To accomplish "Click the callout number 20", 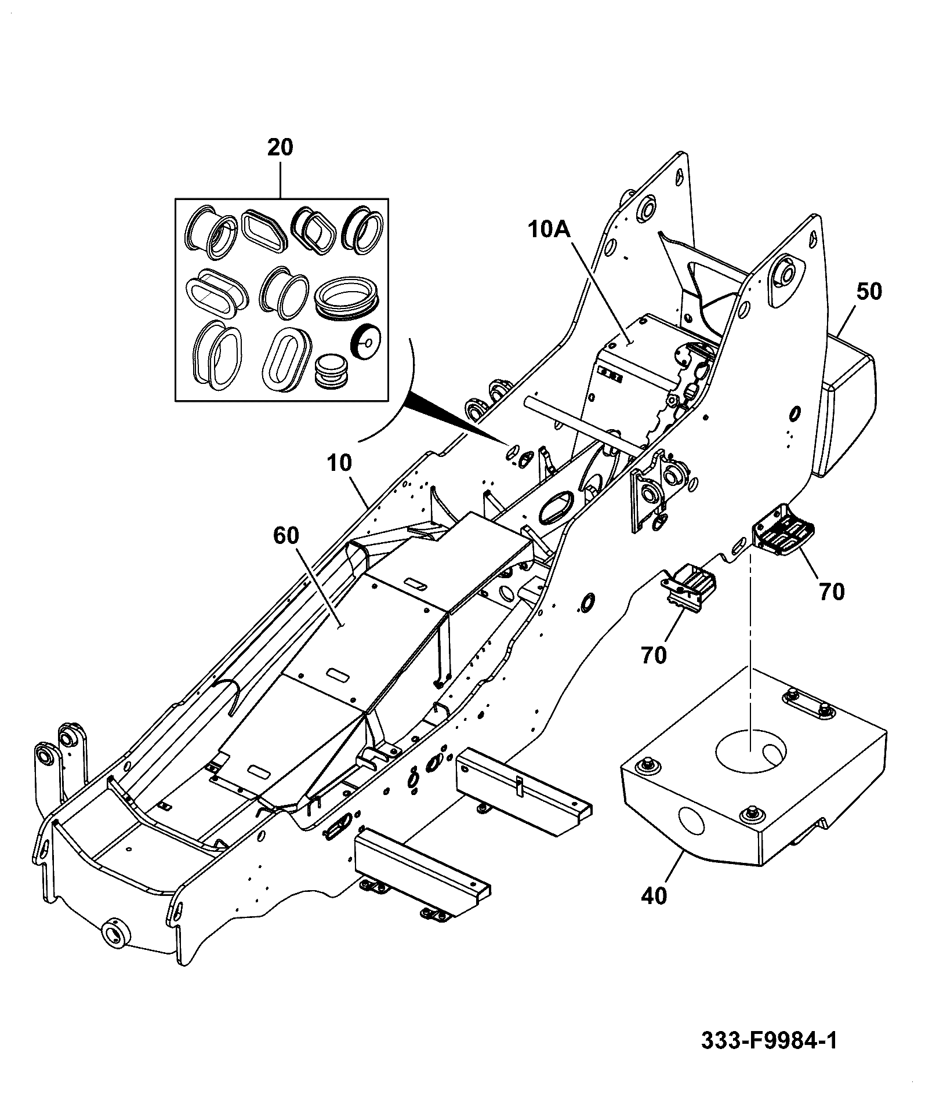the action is pos(280,147).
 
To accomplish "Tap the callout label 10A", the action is pos(549,230).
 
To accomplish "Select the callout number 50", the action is pos(868,291).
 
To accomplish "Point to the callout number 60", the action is pos(286,536).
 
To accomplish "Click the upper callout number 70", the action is pos(832,592).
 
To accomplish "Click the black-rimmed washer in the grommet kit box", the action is pos(364,343).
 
